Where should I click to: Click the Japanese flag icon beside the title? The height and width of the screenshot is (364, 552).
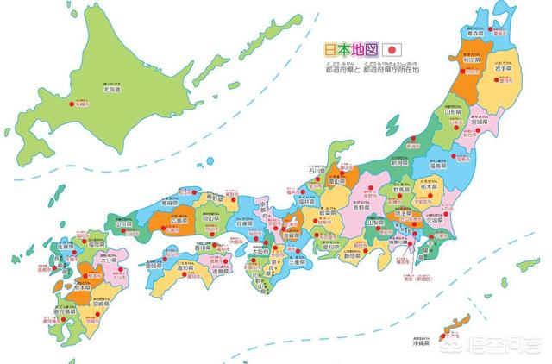point(392,49)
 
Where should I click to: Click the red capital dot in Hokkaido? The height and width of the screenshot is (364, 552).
point(71,103)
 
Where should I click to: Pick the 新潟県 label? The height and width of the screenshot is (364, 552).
point(399,161)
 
